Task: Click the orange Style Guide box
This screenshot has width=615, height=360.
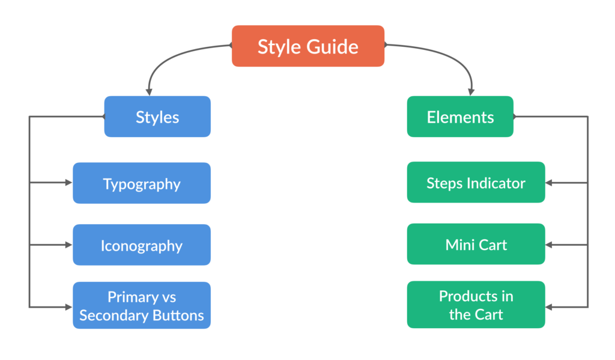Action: point(308,46)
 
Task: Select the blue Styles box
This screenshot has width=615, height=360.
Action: point(157,117)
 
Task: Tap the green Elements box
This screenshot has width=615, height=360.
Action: point(460,117)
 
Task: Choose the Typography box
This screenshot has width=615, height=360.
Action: point(142,183)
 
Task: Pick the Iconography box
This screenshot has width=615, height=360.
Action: point(142,245)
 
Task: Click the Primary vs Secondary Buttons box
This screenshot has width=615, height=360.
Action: point(142,305)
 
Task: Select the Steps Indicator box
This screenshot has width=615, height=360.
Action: point(476,182)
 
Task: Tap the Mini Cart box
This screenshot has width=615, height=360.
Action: point(476,244)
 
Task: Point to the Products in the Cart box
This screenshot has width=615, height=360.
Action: point(476,305)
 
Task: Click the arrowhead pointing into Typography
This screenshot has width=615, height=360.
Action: point(69,183)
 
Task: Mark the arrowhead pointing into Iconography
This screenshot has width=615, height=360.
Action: point(69,245)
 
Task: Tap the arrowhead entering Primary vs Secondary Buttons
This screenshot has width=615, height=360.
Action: point(69,307)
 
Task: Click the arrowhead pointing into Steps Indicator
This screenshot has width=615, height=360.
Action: point(549,183)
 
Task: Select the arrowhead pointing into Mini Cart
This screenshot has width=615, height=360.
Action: point(549,245)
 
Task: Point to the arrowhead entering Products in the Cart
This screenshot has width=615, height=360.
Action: point(549,307)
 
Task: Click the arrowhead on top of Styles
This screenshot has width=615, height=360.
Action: point(149,93)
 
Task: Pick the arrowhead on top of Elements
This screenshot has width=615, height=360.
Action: point(471,93)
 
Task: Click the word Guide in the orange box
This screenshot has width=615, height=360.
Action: point(332,47)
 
